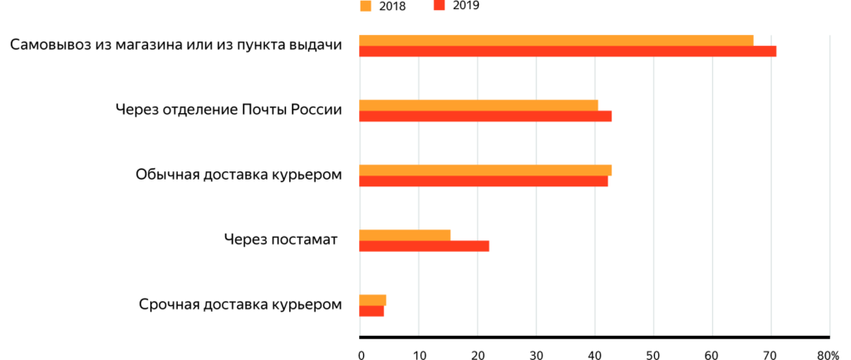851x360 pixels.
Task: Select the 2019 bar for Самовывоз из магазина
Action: click(x=567, y=52)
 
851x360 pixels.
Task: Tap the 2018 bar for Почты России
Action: click(x=478, y=105)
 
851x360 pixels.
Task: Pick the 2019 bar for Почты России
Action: click(x=485, y=116)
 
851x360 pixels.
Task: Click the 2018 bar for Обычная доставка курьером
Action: click(x=485, y=170)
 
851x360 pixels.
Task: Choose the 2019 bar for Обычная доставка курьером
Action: click(x=483, y=181)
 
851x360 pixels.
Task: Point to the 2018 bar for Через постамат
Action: click(x=404, y=235)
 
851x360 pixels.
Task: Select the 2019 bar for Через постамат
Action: click(x=424, y=246)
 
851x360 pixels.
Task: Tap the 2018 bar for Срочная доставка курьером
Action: click(x=372, y=299)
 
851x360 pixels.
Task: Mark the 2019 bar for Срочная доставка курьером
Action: click(x=371, y=311)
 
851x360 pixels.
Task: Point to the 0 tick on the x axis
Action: click(x=362, y=353)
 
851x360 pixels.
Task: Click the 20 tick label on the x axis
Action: click(x=477, y=353)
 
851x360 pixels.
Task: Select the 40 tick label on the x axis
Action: click(x=595, y=353)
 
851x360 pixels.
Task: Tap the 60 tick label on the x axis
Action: click(x=712, y=353)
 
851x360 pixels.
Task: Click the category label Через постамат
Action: click(x=280, y=240)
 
